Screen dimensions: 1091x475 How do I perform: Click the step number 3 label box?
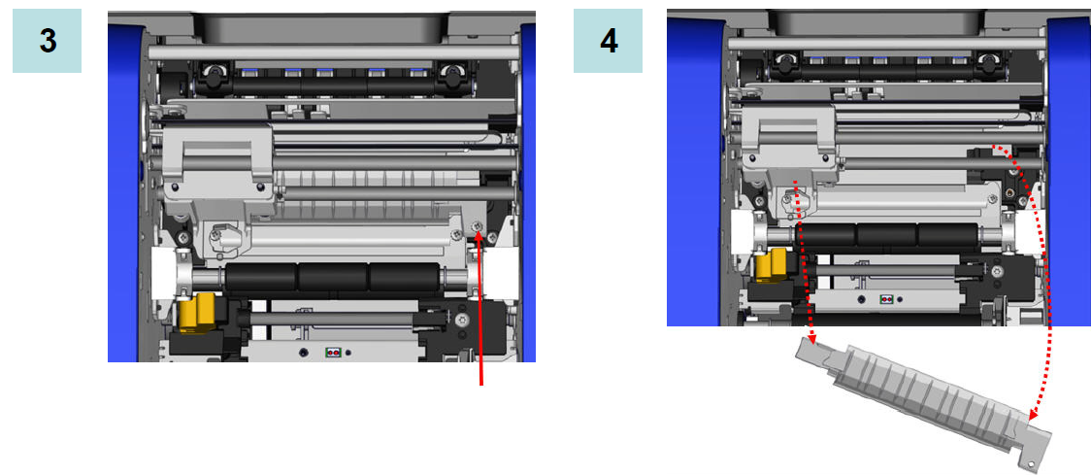47,41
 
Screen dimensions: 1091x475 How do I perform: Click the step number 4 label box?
608,41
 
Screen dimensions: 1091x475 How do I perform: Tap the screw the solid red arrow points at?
477,226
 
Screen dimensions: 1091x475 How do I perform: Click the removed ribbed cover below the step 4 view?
924,397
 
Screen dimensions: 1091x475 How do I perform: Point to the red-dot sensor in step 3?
333,354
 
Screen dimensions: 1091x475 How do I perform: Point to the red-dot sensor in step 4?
886,299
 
